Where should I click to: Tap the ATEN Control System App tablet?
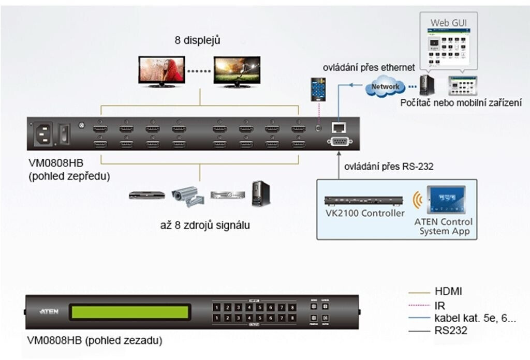tap(443, 201)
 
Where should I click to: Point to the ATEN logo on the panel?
tap(50, 312)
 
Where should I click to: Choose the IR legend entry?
tap(440, 306)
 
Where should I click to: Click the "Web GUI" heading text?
tap(448, 23)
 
